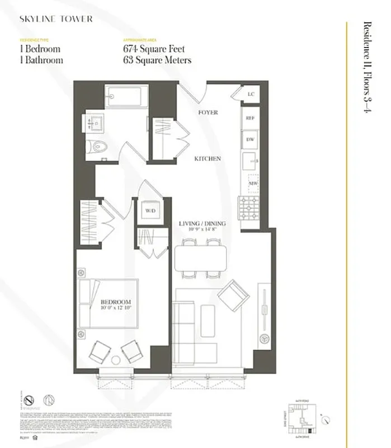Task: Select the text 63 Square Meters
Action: coord(157,60)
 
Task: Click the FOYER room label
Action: coord(208,113)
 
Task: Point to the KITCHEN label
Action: coord(208,158)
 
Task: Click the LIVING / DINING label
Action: coord(202,224)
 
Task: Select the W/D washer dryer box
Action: coord(150,211)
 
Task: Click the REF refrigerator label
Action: coord(250,118)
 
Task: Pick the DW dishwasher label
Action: coord(250,139)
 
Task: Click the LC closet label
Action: coord(250,94)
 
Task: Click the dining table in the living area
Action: coord(201,258)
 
